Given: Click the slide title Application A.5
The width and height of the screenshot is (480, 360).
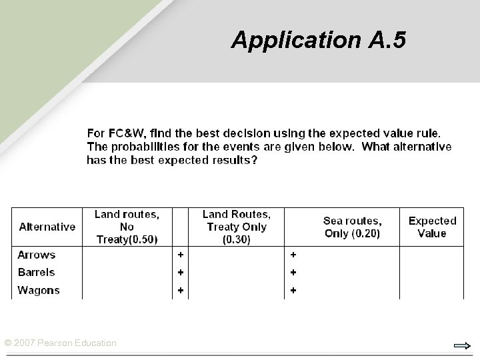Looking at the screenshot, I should (x=318, y=41).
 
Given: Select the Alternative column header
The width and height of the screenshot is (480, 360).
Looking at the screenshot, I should (x=47, y=227).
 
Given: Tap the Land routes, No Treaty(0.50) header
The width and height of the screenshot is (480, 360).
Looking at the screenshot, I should (x=127, y=227).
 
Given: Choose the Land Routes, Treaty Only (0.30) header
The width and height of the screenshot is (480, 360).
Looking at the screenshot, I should (x=236, y=227).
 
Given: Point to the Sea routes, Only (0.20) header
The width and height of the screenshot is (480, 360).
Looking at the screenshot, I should (x=352, y=227).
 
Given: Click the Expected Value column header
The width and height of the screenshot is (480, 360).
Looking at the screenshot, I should (x=432, y=227).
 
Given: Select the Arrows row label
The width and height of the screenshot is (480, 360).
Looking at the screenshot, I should (x=37, y=255).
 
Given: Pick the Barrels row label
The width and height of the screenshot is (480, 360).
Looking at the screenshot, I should (x=37, y=272).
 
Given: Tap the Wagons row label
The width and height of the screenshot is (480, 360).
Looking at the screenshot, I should (x=39, y=290).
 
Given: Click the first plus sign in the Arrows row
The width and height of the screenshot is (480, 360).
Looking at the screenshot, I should (x=179, y=255).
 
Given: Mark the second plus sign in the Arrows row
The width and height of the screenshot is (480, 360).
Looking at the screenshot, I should (x=293, y=255).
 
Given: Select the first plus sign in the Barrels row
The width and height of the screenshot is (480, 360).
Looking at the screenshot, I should (x=179, y=272).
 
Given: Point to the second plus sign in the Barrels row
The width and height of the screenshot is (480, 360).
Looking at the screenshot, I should (x=293, y=272).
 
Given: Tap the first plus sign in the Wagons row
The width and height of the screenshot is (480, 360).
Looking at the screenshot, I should (x=179, y=290).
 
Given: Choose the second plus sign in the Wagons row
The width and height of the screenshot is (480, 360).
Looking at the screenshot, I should (x=293, y=290).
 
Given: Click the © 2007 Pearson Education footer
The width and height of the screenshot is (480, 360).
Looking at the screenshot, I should (x=61, y=343).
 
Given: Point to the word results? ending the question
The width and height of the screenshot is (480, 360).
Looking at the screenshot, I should (x=233, y=160).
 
